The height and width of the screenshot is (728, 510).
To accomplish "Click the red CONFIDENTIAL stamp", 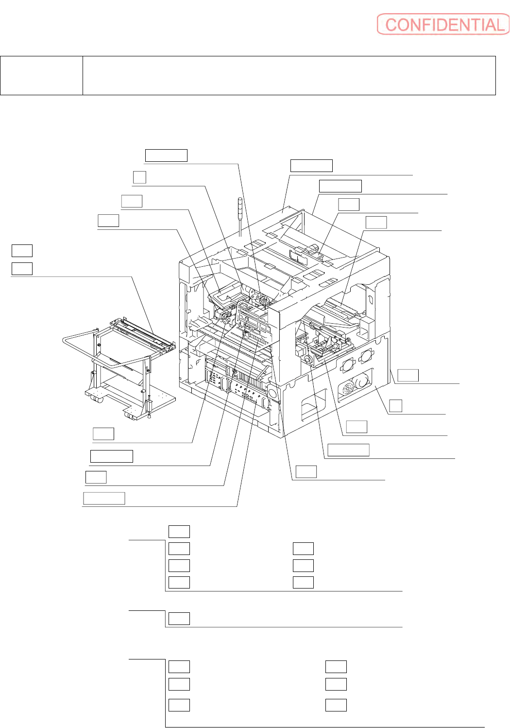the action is [443, 24].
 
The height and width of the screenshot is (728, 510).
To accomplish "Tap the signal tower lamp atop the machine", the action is [240, 217].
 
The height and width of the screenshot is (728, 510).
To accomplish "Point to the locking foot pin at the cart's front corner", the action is [149, 409].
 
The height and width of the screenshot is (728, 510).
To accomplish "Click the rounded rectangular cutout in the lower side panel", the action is [313, 403].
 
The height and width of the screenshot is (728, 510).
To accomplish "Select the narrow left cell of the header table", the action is [41, 75].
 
